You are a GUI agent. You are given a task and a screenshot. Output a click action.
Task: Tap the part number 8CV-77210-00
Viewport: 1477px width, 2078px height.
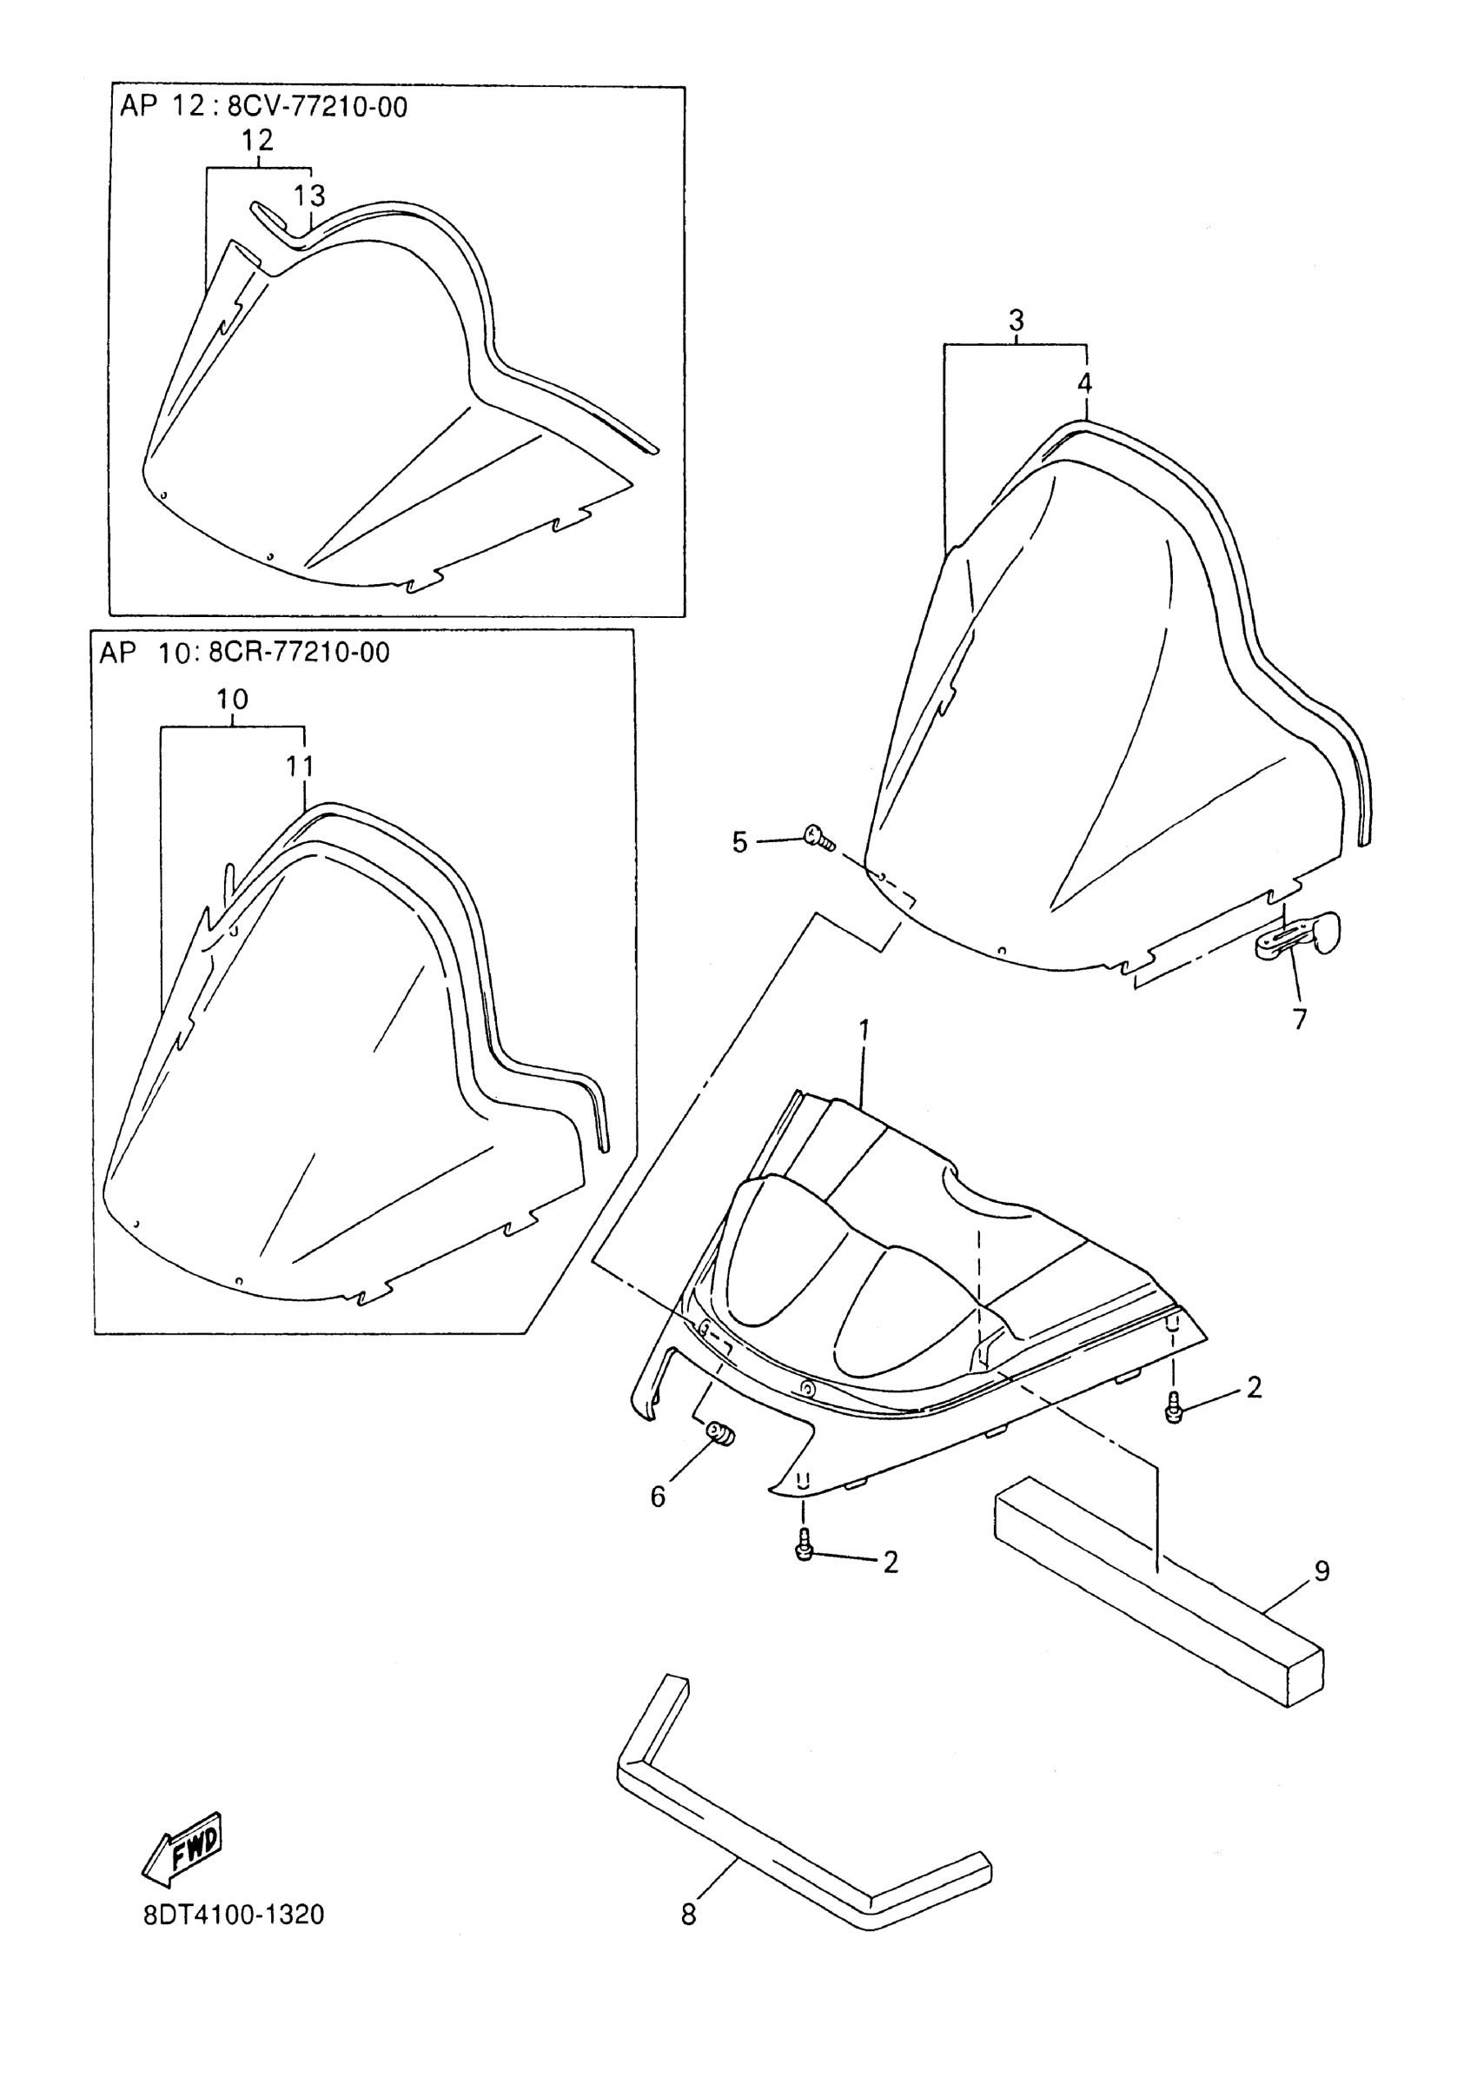pos(316,108)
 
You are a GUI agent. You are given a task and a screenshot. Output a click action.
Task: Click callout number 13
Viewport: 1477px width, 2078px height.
pos(309,196)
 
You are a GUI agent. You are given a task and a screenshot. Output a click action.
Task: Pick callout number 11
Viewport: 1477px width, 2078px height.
pos(300,766)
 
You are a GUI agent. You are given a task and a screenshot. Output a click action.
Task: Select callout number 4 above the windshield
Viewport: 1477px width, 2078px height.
pos(1084,384)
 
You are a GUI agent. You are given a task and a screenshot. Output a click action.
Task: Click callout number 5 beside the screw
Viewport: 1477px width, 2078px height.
pos(739,842)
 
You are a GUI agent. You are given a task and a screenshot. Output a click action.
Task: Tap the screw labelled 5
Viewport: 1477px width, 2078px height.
pos(819,837)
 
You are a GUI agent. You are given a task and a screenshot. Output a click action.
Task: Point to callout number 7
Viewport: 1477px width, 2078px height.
pos(1300,1019)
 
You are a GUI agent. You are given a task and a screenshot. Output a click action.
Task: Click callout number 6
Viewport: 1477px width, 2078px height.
pos(659,1497)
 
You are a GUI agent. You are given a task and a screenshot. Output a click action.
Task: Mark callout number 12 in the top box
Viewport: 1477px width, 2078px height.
pos(257,140)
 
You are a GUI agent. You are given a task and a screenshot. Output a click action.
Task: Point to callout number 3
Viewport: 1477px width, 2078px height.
pos(1016,320)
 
